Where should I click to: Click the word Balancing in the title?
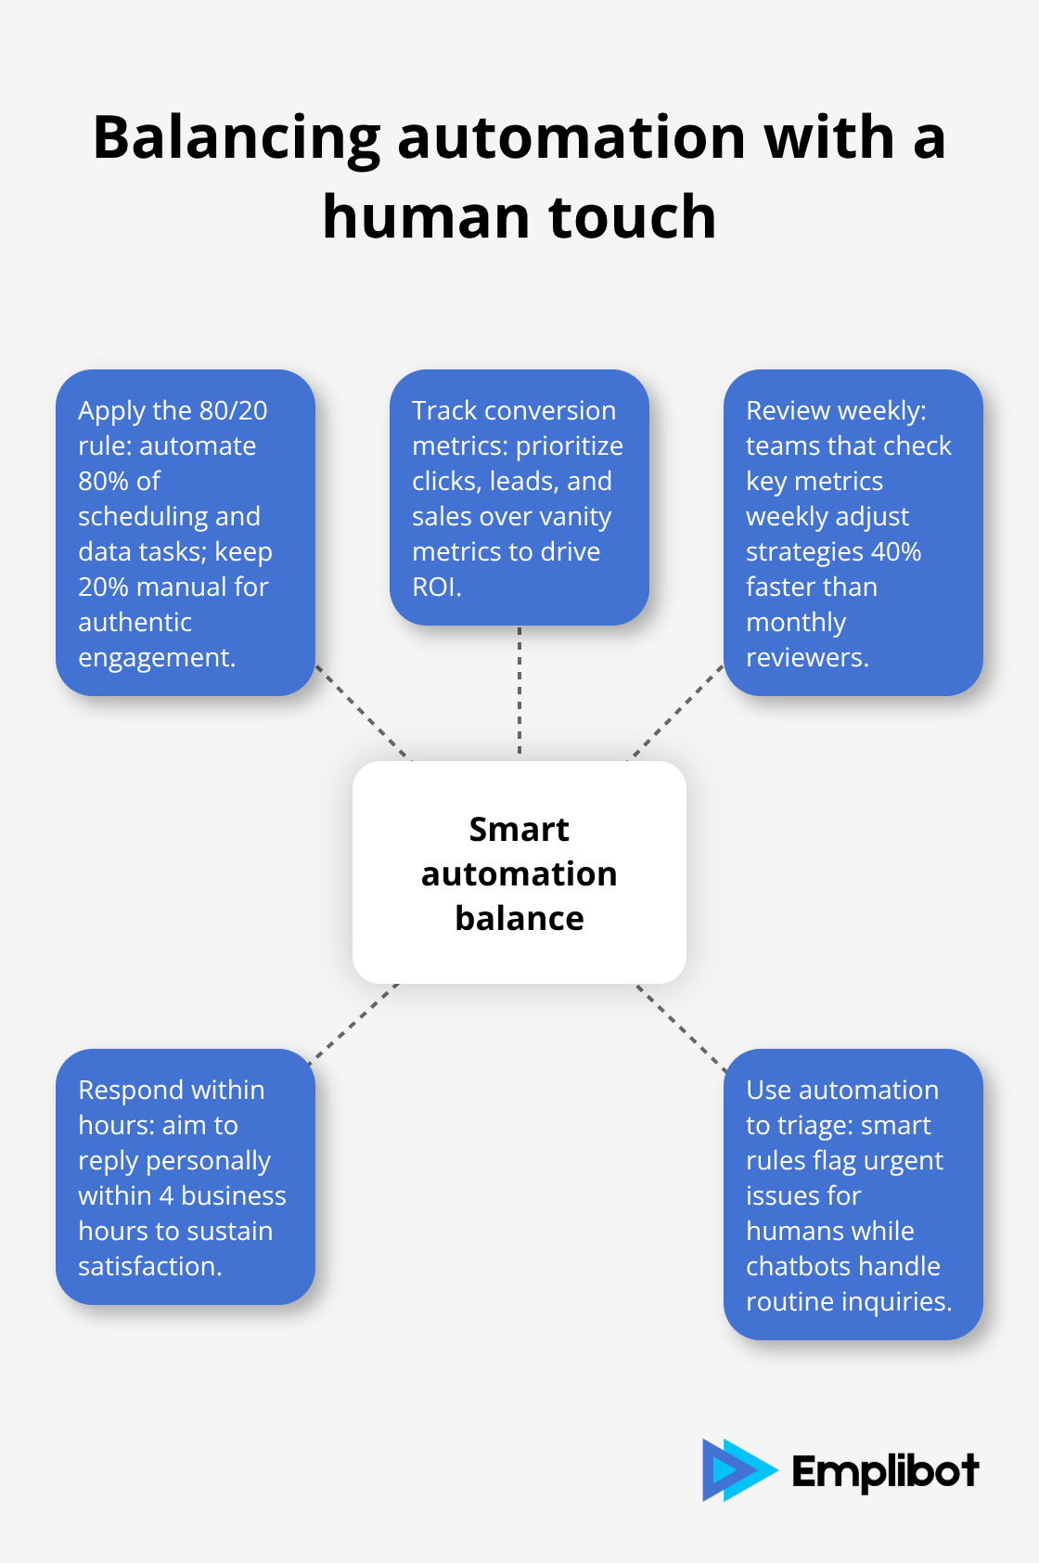pos(237,137)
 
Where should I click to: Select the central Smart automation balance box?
pos(519,872)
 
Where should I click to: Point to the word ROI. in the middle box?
pos(436,587)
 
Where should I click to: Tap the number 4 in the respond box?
pos(166,1195)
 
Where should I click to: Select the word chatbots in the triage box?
pos(797,1266)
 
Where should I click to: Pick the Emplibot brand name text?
pos(885,1471)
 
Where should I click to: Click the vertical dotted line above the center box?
pos(519,691)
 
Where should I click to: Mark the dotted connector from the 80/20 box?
pos(363,713)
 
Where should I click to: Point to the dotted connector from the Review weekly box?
pos(676,713)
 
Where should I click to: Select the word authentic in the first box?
pos(135,622)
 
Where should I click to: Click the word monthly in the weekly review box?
pos(796,622)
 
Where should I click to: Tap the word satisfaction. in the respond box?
pos(149,1266)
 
